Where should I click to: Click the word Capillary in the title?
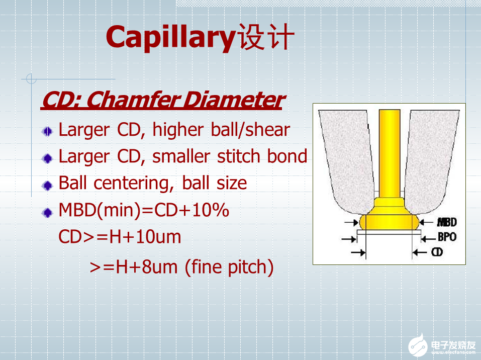(x=171, y=38)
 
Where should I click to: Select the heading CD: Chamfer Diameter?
(x=163, y=100)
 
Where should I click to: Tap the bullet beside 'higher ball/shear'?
(x=47, y=132)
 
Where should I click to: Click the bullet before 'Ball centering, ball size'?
(x=47, y=186)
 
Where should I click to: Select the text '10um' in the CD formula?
(x=158, y=237)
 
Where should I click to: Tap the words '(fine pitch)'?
(x=229, y=267)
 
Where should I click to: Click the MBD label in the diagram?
(x=447, y=222)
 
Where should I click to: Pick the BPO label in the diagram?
(x=447, y=237)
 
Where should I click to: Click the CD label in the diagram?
(x=437, y=252)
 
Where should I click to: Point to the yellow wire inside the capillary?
(x=390, y=153)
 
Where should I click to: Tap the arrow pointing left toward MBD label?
(x=426, y=222)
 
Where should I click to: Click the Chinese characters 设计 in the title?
(x=266, y=37)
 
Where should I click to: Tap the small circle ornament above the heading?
(x=31, y=79)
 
